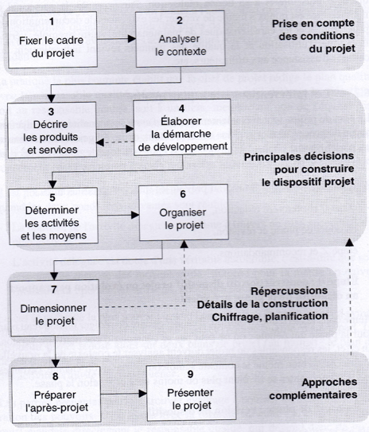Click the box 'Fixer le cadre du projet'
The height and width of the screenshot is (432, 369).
click(x=52, y=40)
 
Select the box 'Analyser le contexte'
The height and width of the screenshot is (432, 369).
click(x=181, y=38)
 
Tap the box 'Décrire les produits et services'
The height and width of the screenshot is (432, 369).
click(x=52, y=130)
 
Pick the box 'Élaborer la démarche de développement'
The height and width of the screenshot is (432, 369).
click(x=182, y=127)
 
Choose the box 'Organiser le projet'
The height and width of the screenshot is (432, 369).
click(x=184, y=212)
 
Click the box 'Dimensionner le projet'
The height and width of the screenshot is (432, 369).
click(x=55, y=308)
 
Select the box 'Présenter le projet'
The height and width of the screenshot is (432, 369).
click(x=192, y=392)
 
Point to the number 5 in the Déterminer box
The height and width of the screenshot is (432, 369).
click(x=52, y=197)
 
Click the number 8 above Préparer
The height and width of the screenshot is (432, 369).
click(x=56, y=376)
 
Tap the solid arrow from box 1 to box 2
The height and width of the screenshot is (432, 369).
click(x=116, y=39)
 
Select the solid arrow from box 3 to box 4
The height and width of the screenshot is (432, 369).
click(x=115, y=129)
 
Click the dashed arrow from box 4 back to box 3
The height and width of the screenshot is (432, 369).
click(x=115, y=142)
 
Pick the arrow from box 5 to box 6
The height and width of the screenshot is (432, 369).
click(x=118, y=215)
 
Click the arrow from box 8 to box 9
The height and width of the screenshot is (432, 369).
click(x=123, y=394)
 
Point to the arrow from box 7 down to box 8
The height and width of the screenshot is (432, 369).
click(x=56, y=352)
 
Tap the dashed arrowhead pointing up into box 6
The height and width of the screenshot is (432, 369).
click(x=184, y=244)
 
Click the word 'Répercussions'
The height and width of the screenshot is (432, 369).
click(x=289, y=291)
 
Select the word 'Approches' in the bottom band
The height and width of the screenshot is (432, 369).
click(x=329, y=383)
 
